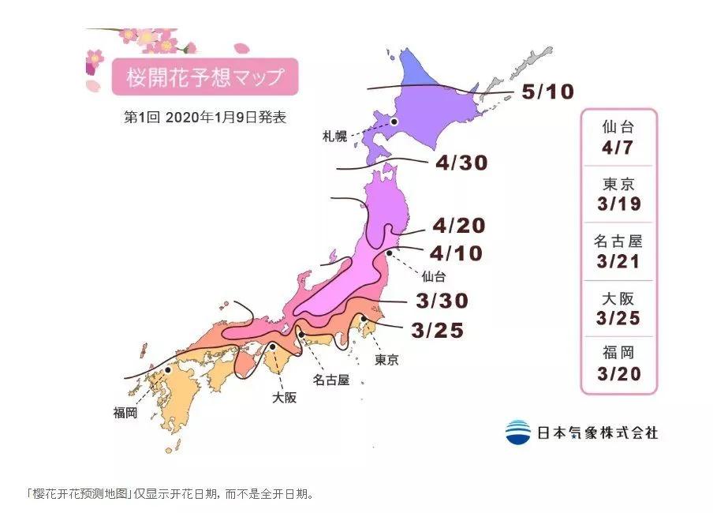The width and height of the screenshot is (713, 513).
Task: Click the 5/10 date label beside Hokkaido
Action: click(547, 93)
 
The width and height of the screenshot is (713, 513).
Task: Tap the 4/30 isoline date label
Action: click(461, 163)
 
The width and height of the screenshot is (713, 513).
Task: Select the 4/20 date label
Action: click(458, 227)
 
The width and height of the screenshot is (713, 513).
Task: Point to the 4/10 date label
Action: click(457, 253)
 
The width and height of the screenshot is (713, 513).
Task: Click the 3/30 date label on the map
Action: click(442, 301)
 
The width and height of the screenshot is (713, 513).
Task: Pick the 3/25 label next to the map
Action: click(436, 330)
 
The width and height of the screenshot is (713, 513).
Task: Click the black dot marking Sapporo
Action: click(394, 122)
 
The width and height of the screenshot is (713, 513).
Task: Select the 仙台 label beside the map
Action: click(435, 276)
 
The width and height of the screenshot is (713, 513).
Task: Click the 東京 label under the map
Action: click(386, 360)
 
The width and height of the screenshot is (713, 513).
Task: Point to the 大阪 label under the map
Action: click(284, 398)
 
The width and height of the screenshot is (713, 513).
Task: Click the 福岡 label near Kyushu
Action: click(125, 412)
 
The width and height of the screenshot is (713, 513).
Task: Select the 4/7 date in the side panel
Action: click(618, 148)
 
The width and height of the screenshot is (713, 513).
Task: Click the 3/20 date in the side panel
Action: click(618, 374)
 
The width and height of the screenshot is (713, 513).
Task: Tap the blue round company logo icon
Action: click(518, 432)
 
